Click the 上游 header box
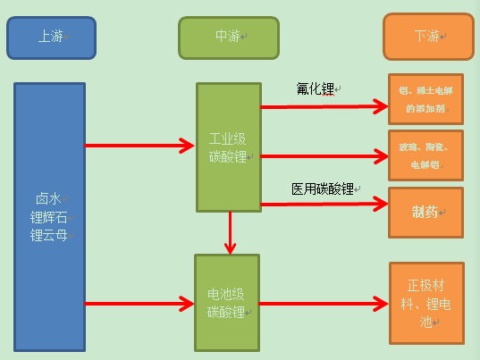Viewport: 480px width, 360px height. (51, 38)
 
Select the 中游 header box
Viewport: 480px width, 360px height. (228, 38)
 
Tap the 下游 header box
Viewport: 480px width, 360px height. (428, 37)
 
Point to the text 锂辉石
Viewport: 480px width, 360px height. (49, 217)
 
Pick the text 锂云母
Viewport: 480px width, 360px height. (49, 235)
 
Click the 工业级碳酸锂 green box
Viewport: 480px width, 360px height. (229, 147)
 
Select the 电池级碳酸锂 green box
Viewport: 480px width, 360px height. (227, 304)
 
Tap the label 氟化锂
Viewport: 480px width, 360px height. (316, 88)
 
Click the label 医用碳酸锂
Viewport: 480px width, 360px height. (323, 188)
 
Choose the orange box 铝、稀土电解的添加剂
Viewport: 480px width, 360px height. (425, 98)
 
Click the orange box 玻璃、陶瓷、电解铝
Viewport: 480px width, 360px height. (425, 155)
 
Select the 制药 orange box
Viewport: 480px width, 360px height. (425, 213)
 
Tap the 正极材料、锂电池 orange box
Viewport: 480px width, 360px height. (426, 303)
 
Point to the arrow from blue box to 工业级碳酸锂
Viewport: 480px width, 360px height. (140, 145)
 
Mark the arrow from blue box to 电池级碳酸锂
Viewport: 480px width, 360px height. (140, 304)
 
